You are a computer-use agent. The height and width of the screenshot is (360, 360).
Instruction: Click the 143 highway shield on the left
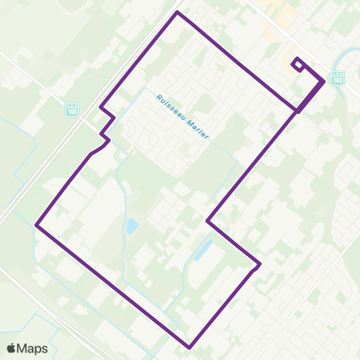72,109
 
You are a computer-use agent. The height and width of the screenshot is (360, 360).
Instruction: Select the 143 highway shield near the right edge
337,77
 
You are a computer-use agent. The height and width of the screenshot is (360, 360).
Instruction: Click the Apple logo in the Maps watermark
12,348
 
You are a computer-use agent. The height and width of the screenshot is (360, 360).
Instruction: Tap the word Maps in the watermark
33,348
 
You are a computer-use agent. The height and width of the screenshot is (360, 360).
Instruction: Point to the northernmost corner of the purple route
177,13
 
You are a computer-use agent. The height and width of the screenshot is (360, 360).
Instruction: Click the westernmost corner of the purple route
37,223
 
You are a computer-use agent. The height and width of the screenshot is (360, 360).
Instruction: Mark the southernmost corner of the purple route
190,348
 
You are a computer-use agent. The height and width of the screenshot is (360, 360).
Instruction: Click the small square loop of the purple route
298,64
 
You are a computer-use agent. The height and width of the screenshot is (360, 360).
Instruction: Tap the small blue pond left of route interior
133,226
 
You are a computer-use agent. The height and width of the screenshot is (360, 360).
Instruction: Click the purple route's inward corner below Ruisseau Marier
208,220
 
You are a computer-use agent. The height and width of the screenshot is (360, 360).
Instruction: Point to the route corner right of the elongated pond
259,264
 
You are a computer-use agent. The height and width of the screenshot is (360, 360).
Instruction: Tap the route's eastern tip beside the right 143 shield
324,80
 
